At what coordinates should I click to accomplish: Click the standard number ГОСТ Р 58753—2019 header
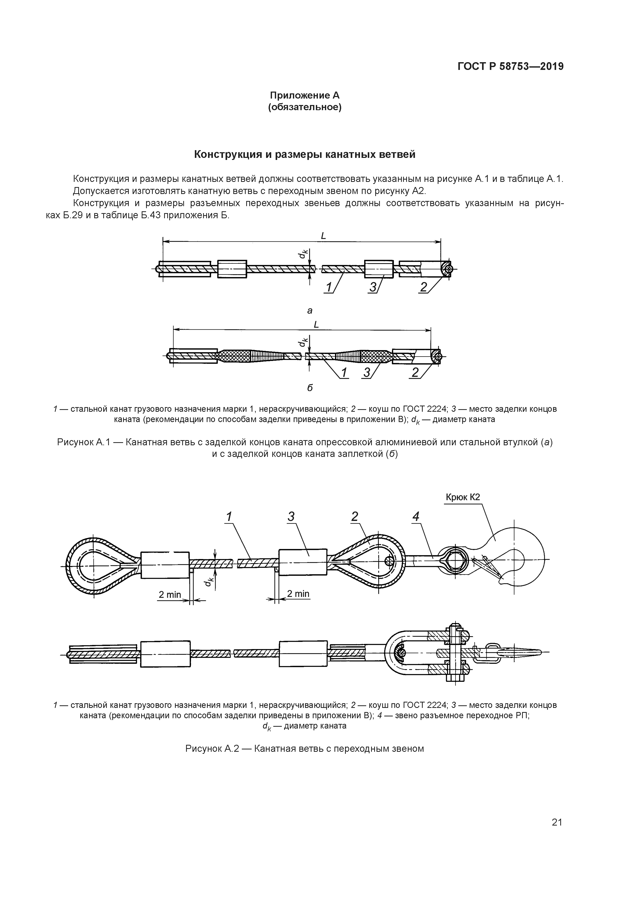(x=510, y=66)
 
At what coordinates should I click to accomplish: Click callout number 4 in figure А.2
(x=416, y=517)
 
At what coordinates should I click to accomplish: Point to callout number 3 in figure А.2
(x=291, y=517)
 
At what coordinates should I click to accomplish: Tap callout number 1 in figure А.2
(x=228, y=517)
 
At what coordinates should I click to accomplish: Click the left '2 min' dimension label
(x=170, y=594)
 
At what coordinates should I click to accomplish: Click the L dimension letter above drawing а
(x=323, y=236)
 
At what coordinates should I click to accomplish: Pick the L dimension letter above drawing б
(x=316, y=325)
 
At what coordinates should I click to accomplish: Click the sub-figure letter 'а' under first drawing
(x=310, y=311)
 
